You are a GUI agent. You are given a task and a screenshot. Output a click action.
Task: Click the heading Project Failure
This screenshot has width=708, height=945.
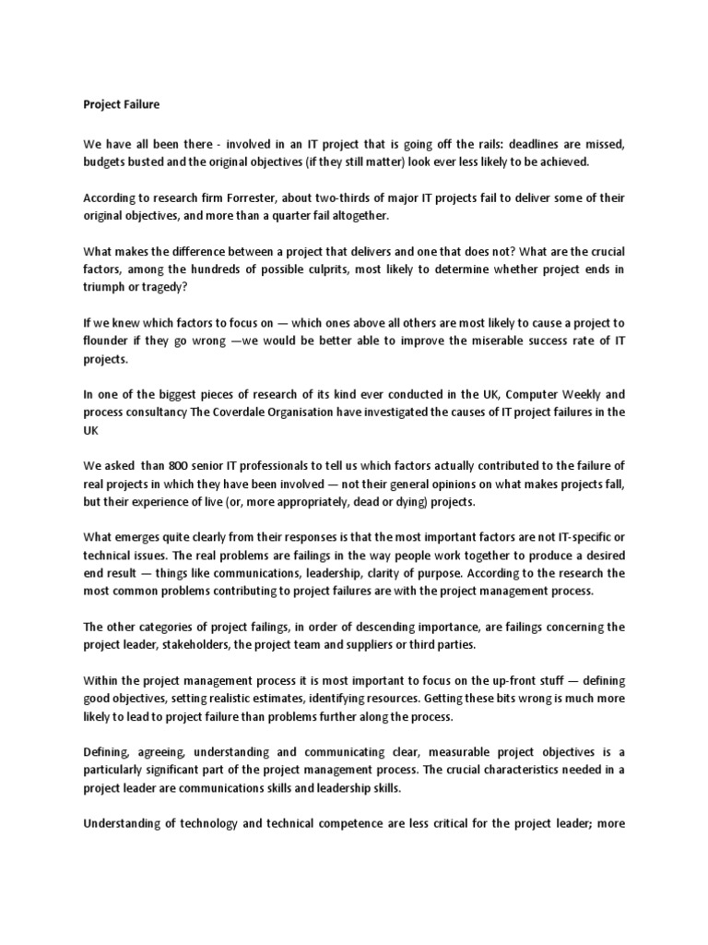click(x=121, y=104)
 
